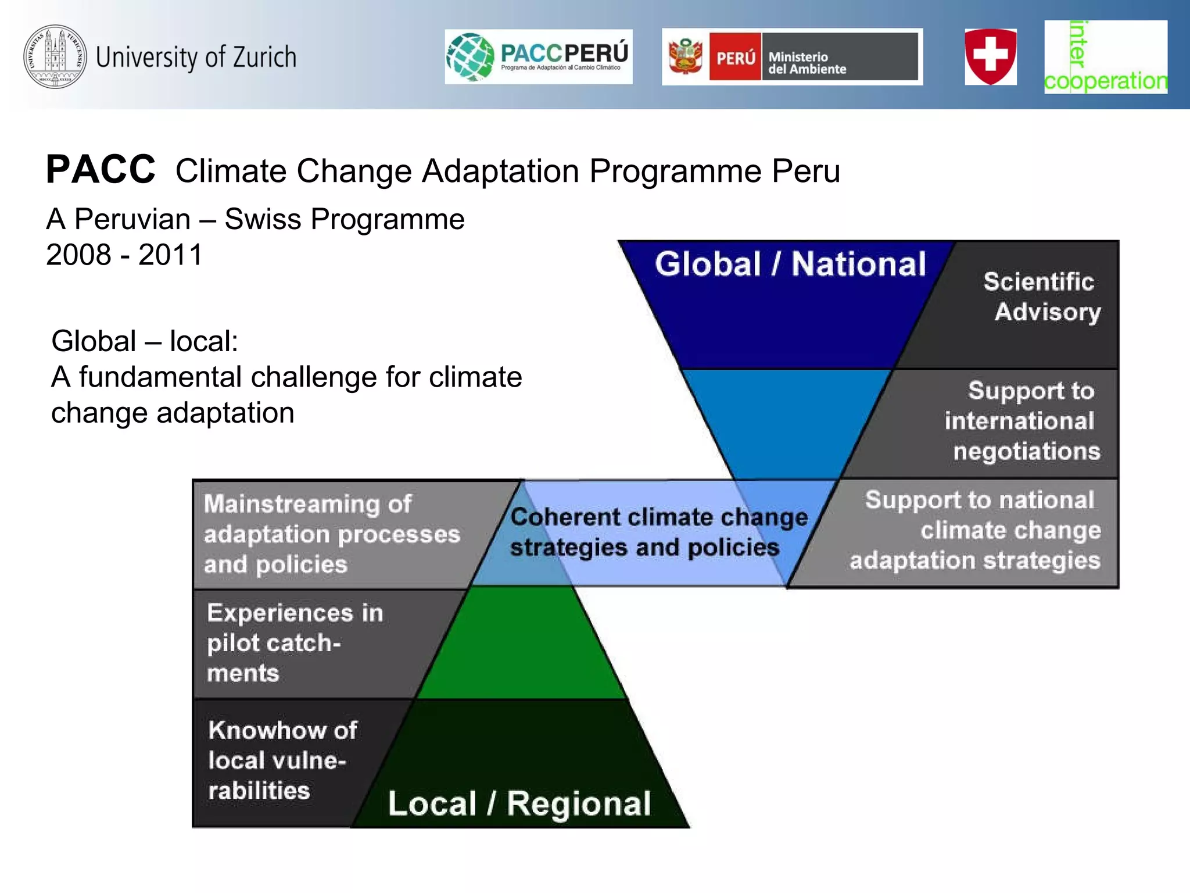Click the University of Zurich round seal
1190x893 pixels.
click(55, 56)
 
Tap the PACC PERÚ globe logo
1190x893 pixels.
click(470, 57)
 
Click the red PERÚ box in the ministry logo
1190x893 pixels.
click(735, 57)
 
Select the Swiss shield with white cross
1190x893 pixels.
click(991, 56)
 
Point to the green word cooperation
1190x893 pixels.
click(1105, 81)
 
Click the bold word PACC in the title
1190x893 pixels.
click(101, 170)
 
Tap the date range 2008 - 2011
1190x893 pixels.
click(124, 255)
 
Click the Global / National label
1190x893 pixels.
click(790, 265)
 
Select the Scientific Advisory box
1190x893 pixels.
click(1040, 297)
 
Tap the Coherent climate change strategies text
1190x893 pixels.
click(657, 532)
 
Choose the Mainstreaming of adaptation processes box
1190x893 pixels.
click(331, 534)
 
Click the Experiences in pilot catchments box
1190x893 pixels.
click(294, 643)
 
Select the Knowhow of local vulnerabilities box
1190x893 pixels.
click(282, 760)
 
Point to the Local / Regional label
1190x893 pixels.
click(519, 804)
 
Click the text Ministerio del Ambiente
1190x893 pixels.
click(807, 63)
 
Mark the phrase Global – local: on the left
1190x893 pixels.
click(145, 341)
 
